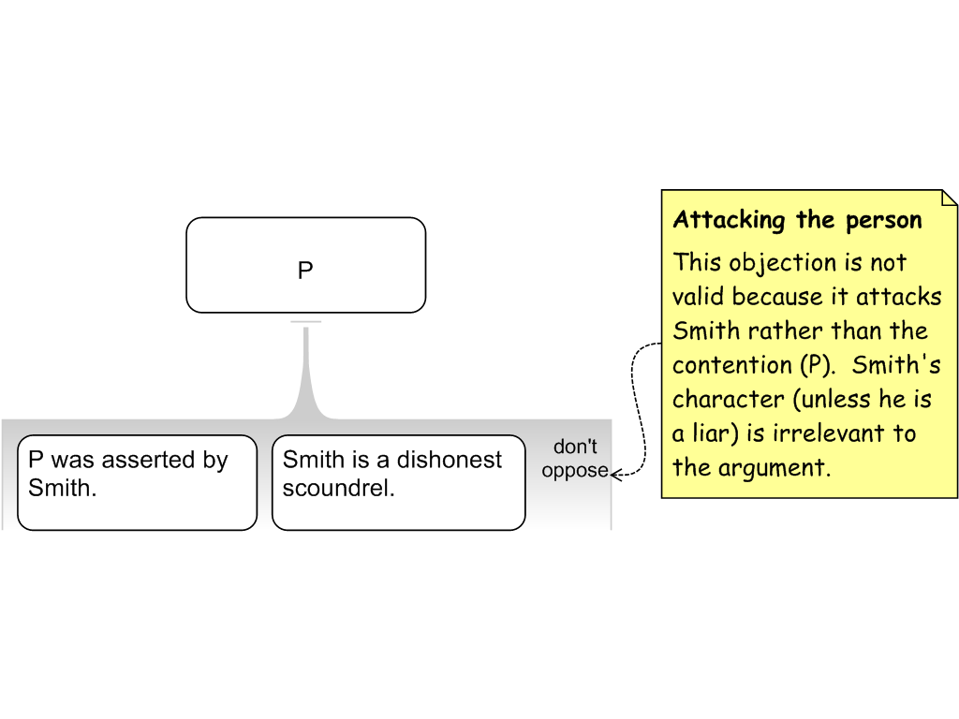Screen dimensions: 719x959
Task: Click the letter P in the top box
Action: click(305, 271)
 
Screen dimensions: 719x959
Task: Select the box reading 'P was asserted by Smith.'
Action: click(137, 482)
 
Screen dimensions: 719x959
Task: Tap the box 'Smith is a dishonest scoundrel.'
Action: click(398, 482)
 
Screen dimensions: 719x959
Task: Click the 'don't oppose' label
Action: click(575, 459)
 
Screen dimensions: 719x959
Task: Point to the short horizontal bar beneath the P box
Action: click(306, 322)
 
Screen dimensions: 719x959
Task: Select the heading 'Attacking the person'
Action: click(797, 220)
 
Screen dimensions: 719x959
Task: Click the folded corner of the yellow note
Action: click(949, 198)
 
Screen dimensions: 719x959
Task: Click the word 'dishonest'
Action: click(450, 460)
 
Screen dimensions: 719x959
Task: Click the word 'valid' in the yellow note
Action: click(699, 297)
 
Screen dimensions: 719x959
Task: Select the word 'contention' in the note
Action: click(726, 365)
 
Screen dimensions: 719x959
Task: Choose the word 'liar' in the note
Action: click(712, 433)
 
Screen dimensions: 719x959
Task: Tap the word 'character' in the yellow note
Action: click(725, 400)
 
